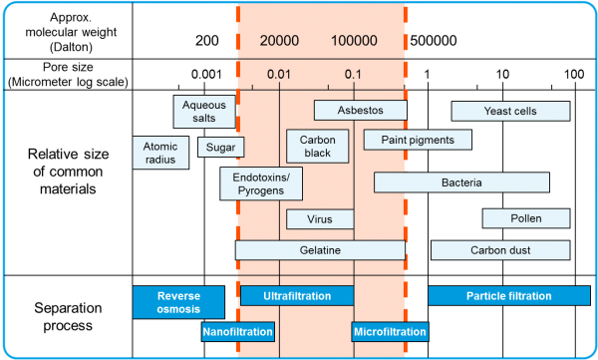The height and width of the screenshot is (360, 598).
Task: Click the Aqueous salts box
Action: pyautogui.click(x=204, y=112)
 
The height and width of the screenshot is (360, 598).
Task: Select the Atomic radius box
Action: pyautogui.click(x=160, y=153)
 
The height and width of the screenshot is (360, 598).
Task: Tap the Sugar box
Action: pyautogui.click(x=221, y=147)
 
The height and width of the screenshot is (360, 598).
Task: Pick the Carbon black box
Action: pyautogui.click(x=317, y=147)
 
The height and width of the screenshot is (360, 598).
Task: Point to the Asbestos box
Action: pyautogui.click(x=361, y=111)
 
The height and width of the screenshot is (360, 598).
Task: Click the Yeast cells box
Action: pyautogui.click(x=510, y=111)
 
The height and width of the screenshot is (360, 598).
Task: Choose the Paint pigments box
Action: pyautogui.click(x=418, y=140)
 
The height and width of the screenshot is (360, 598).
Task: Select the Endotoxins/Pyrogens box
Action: pyautogui.click(x=261, y=183)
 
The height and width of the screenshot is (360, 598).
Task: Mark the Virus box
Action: pyautogui.click(x=320, y=219)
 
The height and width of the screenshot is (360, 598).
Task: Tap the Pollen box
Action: pyautogui.click(x=526, y=218)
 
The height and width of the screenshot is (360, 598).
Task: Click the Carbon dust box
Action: pyautogui.click(x=500, y=250)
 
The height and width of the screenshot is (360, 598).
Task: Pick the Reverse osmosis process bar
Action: pyautogui.click(x=178, y=302)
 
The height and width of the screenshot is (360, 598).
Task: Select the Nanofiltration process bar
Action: pyautogui.click(x=238, y=332)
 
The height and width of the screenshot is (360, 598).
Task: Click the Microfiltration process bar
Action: pyautogui.click(x=390, y=332)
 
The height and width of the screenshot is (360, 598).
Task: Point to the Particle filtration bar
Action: pyautogui.click(x=509, y=296)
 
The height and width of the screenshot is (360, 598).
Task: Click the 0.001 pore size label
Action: pyautogui.click(x=206, y=75)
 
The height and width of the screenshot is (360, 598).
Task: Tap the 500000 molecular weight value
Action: pyautogui.click(x=434, y=41)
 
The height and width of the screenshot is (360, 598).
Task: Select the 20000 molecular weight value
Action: pyautogui.click(x=279, y=41)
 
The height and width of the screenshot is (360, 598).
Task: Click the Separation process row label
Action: pyautogui.click(x=68, y=316)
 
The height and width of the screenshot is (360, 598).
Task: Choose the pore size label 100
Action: pyautogui.click(x=574, y=74)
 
